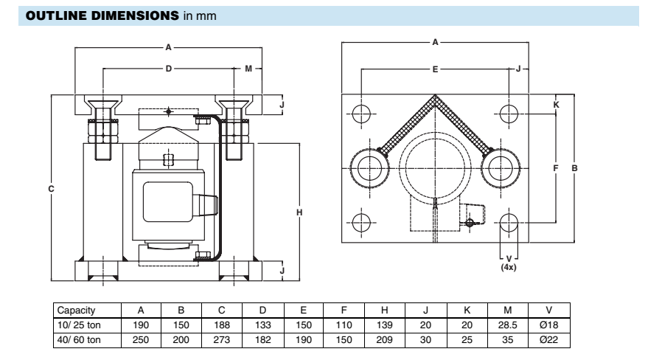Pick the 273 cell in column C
[221, 339]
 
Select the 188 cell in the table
[221, 325]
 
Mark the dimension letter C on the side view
[51, 189]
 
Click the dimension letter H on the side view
[299, 213]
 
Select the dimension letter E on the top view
[435, 69]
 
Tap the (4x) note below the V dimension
[509, 267]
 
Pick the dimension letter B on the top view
[574, 168]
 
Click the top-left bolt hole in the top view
[361, 113]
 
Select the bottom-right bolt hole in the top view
[508, 222]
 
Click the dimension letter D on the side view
[169, 69]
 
